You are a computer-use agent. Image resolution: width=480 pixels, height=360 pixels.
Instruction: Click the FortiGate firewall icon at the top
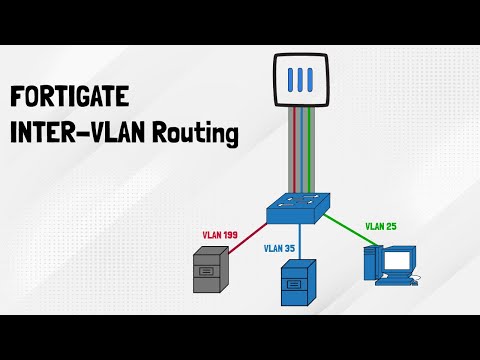[302, 79]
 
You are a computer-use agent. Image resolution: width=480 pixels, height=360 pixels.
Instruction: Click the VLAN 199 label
[221, 234]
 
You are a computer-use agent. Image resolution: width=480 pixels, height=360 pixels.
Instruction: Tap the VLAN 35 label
[281, 248]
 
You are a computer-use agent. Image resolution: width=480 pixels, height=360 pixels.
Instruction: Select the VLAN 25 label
[380, 227]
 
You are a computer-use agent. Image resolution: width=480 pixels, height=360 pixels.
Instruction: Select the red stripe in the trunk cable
[296, 150]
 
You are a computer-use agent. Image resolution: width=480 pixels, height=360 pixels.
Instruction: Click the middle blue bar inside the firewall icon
[302, 79]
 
